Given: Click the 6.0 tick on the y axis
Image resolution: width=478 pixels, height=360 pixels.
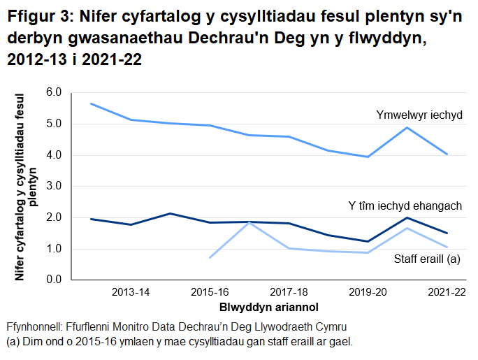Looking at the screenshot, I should (53, 92).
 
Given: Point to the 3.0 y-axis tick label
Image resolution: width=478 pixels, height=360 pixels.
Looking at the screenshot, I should (53, 186).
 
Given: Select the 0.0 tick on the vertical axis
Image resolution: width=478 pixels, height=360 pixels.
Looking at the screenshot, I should (53, 280).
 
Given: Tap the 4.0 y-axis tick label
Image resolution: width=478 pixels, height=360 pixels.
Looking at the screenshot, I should (53, 155).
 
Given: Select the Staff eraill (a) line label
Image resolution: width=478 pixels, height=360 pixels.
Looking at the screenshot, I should (426, 259).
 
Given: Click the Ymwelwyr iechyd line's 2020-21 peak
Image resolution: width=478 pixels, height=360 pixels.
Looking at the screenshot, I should (407, 127).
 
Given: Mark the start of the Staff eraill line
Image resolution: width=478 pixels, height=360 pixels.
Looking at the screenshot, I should (210, 257).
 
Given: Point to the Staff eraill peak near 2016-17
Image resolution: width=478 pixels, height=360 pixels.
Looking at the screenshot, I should (249, 222).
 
